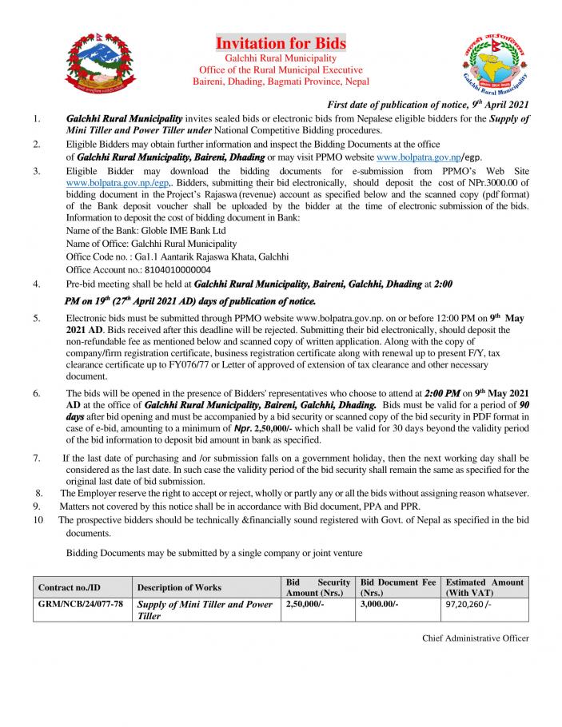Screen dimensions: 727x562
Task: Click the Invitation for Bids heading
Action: coord(281,43)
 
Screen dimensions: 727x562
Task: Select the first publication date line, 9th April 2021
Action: coord(428,105)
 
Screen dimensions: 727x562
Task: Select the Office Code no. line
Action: coord(177,256)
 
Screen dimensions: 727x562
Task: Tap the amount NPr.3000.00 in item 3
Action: coord(489,182)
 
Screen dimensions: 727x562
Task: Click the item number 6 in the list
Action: coord(37,395)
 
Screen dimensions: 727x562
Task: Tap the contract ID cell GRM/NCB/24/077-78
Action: coord(81,606)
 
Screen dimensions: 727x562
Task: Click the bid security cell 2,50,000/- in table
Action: coord(305,606)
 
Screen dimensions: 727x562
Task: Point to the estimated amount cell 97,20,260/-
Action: coord(472,606)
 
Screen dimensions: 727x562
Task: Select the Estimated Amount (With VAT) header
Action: coord(484,588)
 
